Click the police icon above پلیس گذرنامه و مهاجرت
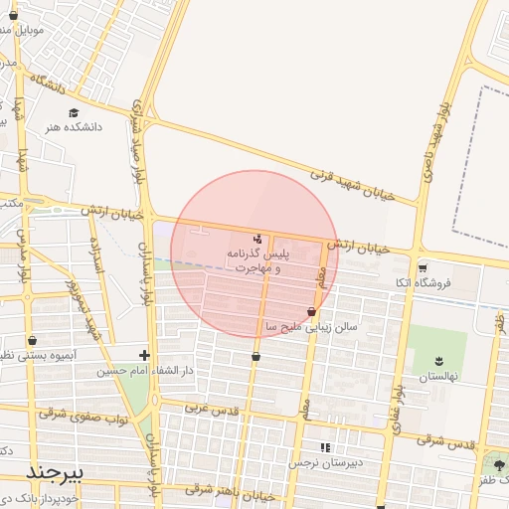258,239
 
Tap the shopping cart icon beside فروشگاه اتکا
423,267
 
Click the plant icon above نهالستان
437,360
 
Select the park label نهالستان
437,378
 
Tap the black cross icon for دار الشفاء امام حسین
145,355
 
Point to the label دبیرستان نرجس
328,463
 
